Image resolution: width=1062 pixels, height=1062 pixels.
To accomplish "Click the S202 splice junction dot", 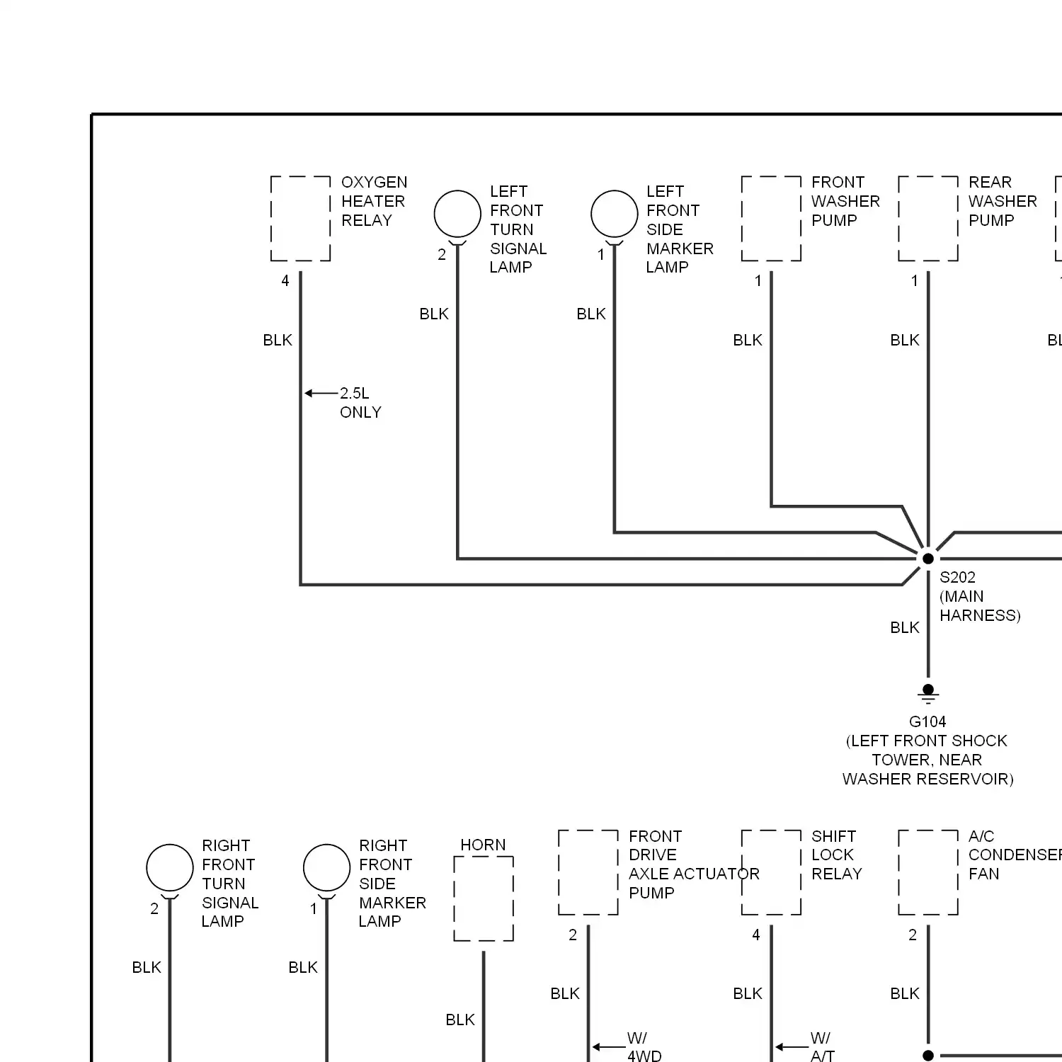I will [x=927, y=559].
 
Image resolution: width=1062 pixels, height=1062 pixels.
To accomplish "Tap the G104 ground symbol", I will [x=927, y=692].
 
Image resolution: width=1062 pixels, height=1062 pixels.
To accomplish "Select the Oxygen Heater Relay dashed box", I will [x=301, y=219].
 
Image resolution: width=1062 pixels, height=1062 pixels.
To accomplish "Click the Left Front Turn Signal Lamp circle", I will [x=457, y=214].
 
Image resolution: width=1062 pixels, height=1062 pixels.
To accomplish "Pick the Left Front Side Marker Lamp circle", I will [x=615, y=214].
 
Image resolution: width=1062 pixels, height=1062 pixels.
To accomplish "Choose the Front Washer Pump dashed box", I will [x=771, y=219].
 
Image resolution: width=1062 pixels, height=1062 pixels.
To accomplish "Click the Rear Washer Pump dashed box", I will [x=928, y=219].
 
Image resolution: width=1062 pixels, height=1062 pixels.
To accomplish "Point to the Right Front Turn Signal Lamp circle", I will [x=170, y=867].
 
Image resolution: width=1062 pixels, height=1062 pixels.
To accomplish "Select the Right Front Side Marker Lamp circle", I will [x=326, y=867].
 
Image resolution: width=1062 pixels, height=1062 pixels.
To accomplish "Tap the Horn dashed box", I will [x=484, y=898].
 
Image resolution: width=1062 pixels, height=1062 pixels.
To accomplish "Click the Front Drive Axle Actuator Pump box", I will [x=588, y=872].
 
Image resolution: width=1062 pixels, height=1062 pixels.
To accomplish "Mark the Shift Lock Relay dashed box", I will [x=771, y=872].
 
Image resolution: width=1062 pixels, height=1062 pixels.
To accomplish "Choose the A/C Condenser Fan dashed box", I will [x=928, y=872].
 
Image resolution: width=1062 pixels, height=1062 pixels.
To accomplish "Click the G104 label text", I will [x=927, y=721].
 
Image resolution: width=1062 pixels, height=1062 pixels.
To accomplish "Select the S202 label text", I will [x=957, y=577].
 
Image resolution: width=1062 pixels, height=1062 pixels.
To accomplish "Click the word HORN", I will [x=483, y=845].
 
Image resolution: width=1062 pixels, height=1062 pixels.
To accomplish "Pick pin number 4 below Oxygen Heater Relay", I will [x=285, y=281].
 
